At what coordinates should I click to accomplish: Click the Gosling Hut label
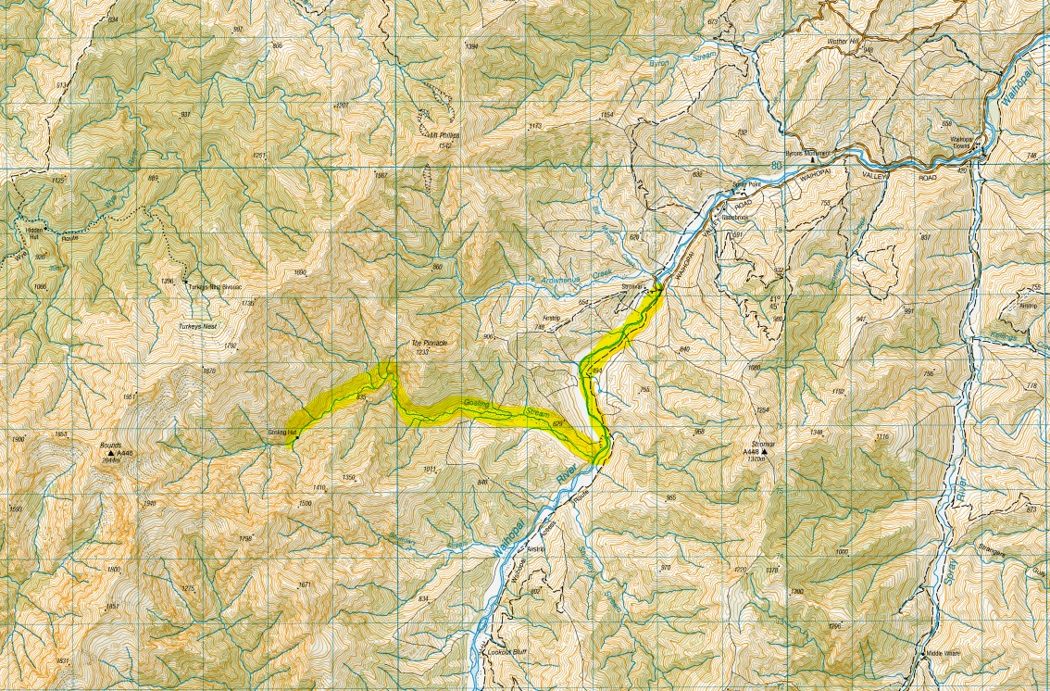pyautogui.click(x=281, y=433)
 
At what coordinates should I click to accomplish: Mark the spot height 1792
pyautogui.click(x=231, y=345)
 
